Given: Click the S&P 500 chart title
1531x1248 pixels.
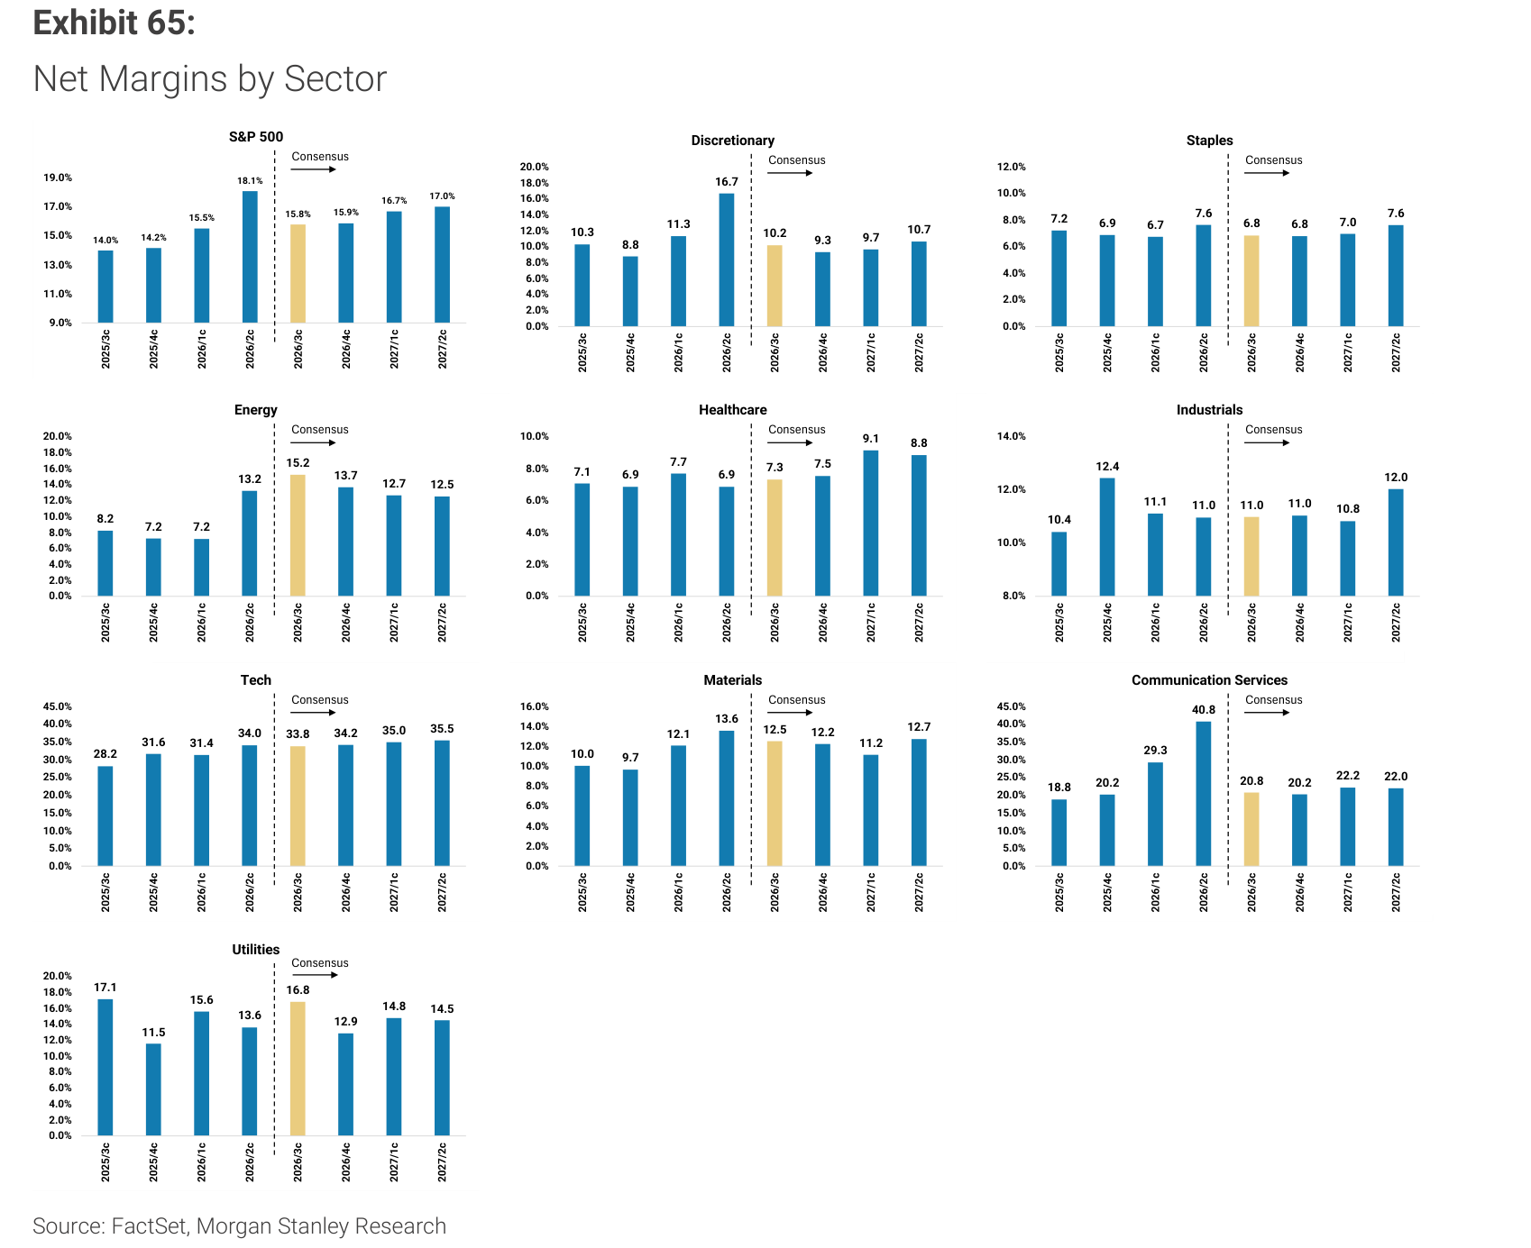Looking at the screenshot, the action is coord(256,137).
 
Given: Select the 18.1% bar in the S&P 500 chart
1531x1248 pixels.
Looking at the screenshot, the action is coord(250,257).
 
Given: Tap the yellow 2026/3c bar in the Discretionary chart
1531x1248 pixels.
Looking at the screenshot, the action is coord(775,286).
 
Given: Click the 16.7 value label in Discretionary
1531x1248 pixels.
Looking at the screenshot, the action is coord(727,182).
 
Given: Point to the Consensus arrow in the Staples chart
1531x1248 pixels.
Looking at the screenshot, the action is coord(1268,173).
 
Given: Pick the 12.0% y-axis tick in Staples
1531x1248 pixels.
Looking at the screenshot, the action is coord(1012,167).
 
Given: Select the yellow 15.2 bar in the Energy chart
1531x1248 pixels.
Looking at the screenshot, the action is coord(298,535).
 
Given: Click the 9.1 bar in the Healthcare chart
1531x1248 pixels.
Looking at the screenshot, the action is coord(870,523).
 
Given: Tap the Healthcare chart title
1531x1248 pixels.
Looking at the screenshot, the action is coord(733,410).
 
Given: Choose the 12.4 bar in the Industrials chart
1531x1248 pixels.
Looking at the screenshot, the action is coord(1107,537).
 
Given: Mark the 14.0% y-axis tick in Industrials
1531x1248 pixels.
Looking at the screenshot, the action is coord(1012,436).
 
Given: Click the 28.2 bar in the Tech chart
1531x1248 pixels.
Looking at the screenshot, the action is coord(105,816).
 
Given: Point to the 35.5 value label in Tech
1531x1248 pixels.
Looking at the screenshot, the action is coord(442,729).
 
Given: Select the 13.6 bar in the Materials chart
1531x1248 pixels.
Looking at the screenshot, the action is coord(727,798).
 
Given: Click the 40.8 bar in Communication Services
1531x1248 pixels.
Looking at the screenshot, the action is coord(1204,794).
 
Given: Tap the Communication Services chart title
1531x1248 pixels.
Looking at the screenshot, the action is coord(1209,680).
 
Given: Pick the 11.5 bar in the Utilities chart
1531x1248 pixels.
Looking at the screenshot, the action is coord(153,1089).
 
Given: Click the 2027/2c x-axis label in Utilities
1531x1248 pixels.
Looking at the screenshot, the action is coord(442,1162).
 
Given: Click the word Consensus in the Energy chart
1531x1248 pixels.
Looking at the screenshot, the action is coord(320,430).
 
